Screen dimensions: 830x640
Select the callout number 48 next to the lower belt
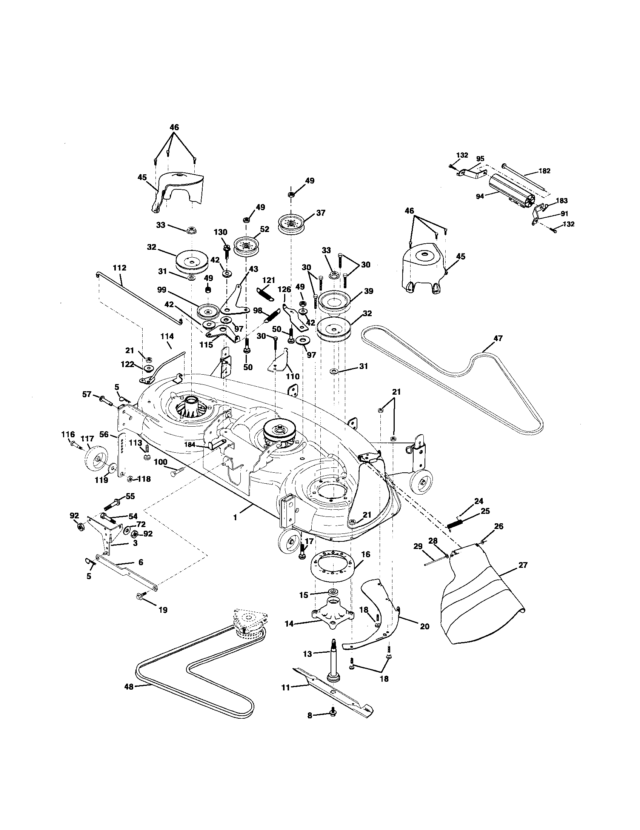(129, 697)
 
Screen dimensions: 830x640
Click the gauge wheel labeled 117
(95, 461)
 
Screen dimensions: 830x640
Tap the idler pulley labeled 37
(291, 224)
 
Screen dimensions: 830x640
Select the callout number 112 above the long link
(119, 268)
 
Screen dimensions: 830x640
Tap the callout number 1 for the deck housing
(235, 517)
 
